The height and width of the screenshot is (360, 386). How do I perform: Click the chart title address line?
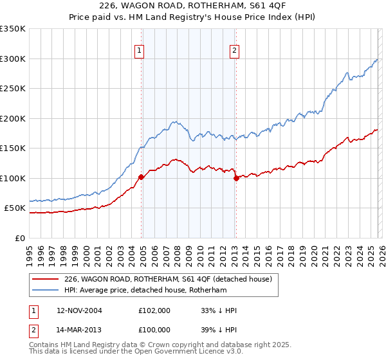tap(193, 6)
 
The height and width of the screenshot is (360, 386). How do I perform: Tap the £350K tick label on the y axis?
tap(13, 29)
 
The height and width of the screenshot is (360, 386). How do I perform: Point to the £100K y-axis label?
tap(13, 178)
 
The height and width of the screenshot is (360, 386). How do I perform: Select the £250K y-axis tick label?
tap(13, 89)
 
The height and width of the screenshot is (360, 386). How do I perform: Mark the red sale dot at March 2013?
tap(235, 178)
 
